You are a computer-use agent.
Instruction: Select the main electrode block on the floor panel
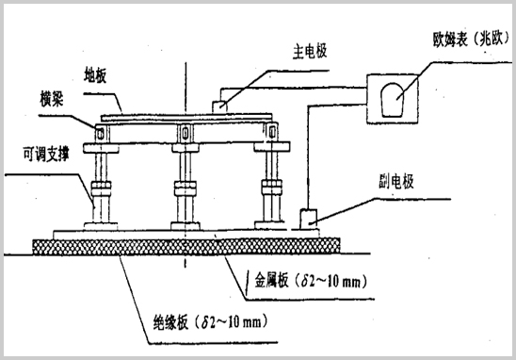[222, 104]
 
